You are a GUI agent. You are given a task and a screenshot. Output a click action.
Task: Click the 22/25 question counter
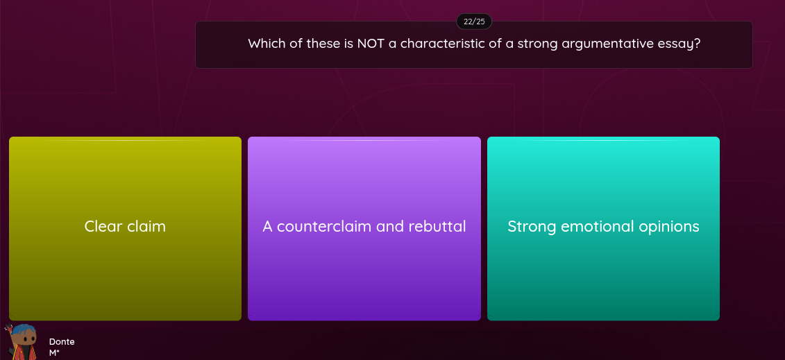coord(474,22)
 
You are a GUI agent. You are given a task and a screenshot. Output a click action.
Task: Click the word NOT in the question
coord(371,44)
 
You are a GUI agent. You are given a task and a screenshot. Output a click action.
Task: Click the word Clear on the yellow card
coord(103,227)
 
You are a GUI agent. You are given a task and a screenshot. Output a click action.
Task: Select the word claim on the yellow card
coord(146,227)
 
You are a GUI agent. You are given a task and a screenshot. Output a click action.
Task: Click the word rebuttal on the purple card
coord(437,227)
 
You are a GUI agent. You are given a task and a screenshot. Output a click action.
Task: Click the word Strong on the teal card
coord(532,227)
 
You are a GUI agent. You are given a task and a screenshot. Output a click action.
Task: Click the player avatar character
coord(24,342)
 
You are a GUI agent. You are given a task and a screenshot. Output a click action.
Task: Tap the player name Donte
coord(62,341)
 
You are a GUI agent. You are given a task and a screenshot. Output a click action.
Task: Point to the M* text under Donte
coord(54,352)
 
